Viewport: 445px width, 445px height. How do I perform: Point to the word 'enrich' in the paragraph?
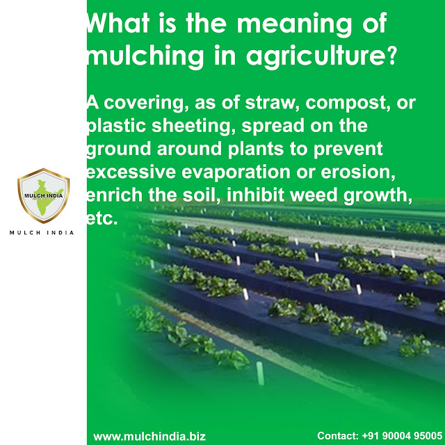tap(109, 195)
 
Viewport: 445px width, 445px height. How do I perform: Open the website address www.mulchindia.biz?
tap(149, 435)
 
